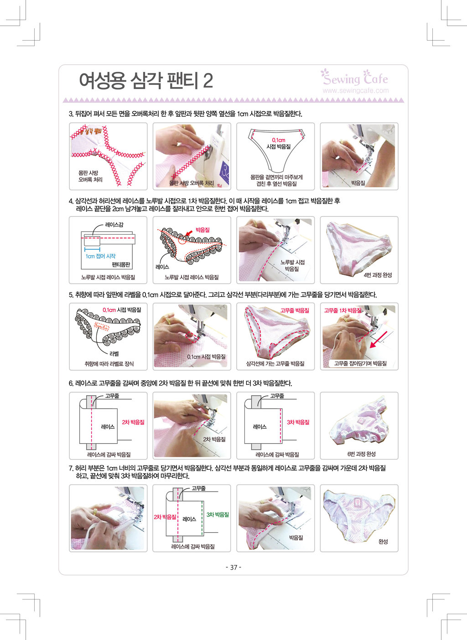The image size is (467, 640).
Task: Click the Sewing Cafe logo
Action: coord(355,77)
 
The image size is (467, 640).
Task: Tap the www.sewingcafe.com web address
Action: coord(356,90)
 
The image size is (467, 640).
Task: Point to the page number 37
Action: coord(233,567)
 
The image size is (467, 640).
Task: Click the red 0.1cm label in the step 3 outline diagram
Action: coord(278,140)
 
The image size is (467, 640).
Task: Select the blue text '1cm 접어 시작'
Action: coord(100,256)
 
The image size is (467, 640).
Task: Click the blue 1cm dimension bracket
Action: coord(92,249)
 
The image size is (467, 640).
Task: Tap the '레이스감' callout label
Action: coord(114,225)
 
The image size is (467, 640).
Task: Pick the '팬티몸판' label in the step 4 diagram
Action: coord(121,265)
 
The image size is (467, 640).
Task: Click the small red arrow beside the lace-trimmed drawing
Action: coord(189,233)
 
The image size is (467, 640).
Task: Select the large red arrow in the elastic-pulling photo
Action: coord(379,340)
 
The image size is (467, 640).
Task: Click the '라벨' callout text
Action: coord(114,354)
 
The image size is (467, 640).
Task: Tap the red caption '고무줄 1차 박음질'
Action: coord(342,310)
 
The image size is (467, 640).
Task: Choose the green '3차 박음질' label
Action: coord(218,514)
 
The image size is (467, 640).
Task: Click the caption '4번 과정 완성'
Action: coord(378,275)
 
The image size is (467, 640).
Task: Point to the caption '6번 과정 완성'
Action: coord(361,454)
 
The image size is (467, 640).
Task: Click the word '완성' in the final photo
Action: coord(383,541)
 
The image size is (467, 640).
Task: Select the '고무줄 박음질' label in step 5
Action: coord(295,310)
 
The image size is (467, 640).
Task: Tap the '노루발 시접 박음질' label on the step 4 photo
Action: coord(292,265)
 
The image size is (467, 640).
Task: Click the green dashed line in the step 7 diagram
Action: coord(202,517)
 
